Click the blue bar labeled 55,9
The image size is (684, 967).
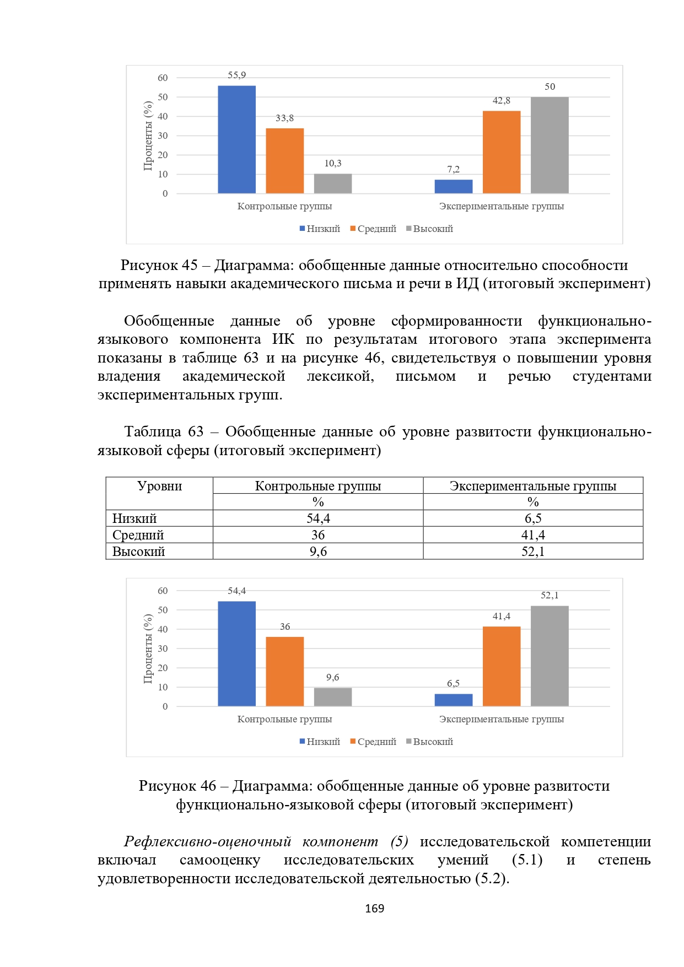[x=236, y=139]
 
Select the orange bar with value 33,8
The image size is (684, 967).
[x=284, y=161]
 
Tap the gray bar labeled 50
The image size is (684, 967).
[x=550, y=145]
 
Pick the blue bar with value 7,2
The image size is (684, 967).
[x=453, y=186]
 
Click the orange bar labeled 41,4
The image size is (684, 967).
[x=501, y=666]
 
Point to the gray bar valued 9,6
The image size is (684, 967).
[x=332, y=696]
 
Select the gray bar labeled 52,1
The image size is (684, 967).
[x=550, y=656]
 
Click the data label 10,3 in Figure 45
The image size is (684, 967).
[x=332, y=163]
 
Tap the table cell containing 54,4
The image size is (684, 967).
[x=318, y=518]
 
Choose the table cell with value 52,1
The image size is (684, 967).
[x=532, y=552]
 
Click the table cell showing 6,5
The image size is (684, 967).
[x=532, y=518]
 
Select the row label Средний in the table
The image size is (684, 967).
[x=138, y=535]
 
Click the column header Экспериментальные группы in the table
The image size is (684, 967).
[x=532, y=486]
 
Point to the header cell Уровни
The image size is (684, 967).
[x=159, y=486]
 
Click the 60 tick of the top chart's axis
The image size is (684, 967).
[x=163, y=78]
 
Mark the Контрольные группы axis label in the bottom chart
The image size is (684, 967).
[x=284, y=719]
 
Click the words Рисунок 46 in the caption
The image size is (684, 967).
[x=177, y=786]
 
